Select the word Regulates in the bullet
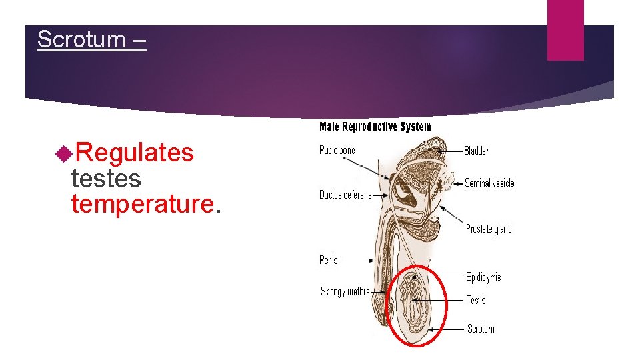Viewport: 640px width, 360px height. pyautogui.click(x=134, y=153)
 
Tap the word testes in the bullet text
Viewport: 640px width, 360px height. pyautogui.click(x=106, y=179)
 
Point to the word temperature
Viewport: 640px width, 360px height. pyautogui.click(x=141, y=204)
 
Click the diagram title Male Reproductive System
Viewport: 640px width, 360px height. pyautogui.click(x=375, y=127)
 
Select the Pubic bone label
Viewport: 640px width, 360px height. pyautogui.click(x=337, y=150)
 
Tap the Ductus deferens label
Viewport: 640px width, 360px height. pyautogui.click(x=345, y=195)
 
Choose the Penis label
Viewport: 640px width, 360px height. pyautogui.click(x=329, y=260)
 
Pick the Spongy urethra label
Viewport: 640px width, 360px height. pyautogui.click(x=345, y=291)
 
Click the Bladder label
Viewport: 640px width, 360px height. pyautogui.click(x=476, y=151)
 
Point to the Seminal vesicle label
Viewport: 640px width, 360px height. pyautogui.click(x=489, y=183)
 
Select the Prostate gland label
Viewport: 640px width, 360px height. pyautogui.click(x=489, y=229)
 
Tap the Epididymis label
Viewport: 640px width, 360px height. pyautogui.click(x=483, y=277)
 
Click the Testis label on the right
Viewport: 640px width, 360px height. pyautogui.click(x=476, y=301)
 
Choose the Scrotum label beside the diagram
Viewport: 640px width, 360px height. pyautogui.click(x=480, y=329)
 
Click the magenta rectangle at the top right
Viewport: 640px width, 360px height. pyautogui.click(x=565, y=30)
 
